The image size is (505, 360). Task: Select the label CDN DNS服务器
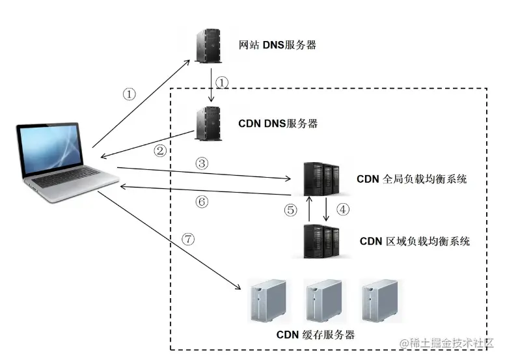(x=278, y=123)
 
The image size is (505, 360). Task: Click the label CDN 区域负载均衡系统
(x=414, y=241)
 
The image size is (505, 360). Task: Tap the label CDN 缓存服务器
(x=316, y=335)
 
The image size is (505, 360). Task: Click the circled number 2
(x=159, y=150)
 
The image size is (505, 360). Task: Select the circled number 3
(x=202, y=163)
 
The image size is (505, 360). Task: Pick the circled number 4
(x=343, y=210)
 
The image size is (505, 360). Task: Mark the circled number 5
(x=290, y=210)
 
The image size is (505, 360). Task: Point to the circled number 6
(x=202, y=201)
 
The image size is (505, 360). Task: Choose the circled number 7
(x=188, y=239)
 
